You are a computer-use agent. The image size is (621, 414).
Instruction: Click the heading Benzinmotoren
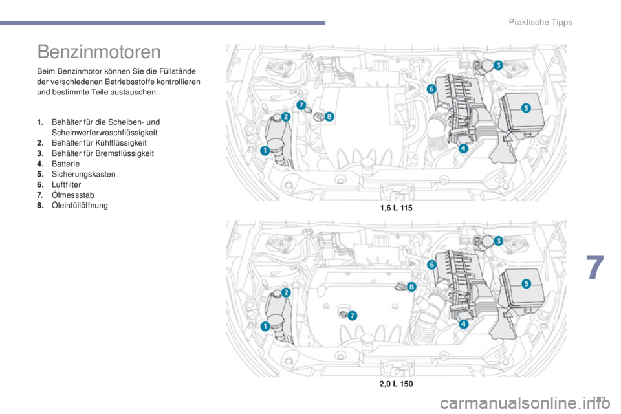click(x=99, y=50)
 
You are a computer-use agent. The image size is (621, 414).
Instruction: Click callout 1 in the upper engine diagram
click(x=265, y=151)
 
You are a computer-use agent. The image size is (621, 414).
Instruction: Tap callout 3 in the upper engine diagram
click(x=498, y=65)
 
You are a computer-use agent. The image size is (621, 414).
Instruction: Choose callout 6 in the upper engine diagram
click(x=431, y=89)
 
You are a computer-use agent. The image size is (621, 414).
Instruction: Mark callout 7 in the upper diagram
click(x=300, y=104)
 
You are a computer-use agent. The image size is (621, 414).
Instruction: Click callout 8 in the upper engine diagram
click(x=329, y=116)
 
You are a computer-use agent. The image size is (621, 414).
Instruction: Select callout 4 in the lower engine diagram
click(x=463, y=323)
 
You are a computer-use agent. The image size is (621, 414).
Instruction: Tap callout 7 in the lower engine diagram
click(x=353, y=316)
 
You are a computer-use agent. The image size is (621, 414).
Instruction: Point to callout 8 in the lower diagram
click(x=411, y=286)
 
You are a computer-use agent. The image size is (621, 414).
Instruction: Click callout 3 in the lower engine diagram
click(x=498, y=240)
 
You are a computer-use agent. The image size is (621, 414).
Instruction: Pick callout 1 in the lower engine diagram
click(x=265, y=327)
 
